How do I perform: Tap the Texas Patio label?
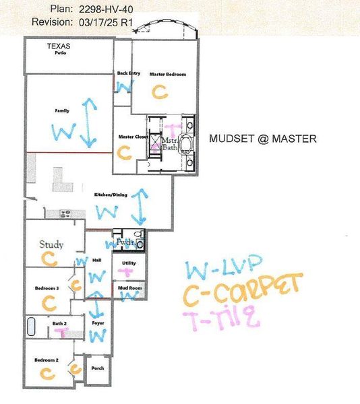point(59,48)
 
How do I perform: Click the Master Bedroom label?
point(167,74)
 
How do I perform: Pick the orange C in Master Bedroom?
point(159,92)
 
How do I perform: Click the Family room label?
point(63,110)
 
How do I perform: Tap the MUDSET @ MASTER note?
point(262,139)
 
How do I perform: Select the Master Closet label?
point(133,137)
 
